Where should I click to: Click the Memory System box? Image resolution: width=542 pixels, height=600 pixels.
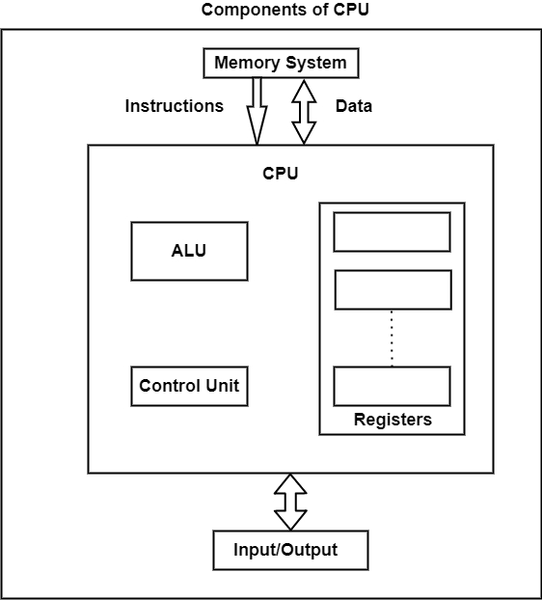tap(280, 64)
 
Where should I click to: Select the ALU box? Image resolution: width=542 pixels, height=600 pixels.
tap(189, 251)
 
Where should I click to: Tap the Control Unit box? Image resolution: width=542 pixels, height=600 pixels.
tap(189, 386)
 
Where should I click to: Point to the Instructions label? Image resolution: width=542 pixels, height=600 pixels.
tap(174, 106)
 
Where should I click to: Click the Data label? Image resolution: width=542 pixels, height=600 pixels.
tap(353, 106)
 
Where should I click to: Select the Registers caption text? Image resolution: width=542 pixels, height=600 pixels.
tap(393, 420)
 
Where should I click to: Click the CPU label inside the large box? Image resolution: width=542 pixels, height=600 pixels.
tap(281, 174)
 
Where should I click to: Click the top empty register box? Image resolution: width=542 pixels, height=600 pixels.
tap(392, 232)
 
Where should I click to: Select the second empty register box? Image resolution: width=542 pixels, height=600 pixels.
tap(392, 289)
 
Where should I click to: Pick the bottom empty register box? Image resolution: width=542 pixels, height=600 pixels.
tap(392, 386)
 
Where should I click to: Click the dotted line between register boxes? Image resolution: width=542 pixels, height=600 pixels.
tap(392, 338)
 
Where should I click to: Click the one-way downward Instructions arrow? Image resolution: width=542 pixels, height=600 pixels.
tap(257, 111)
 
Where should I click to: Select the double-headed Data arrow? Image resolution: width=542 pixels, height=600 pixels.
tap(304, 111)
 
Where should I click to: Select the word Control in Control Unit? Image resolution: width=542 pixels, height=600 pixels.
tap(171, 386)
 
